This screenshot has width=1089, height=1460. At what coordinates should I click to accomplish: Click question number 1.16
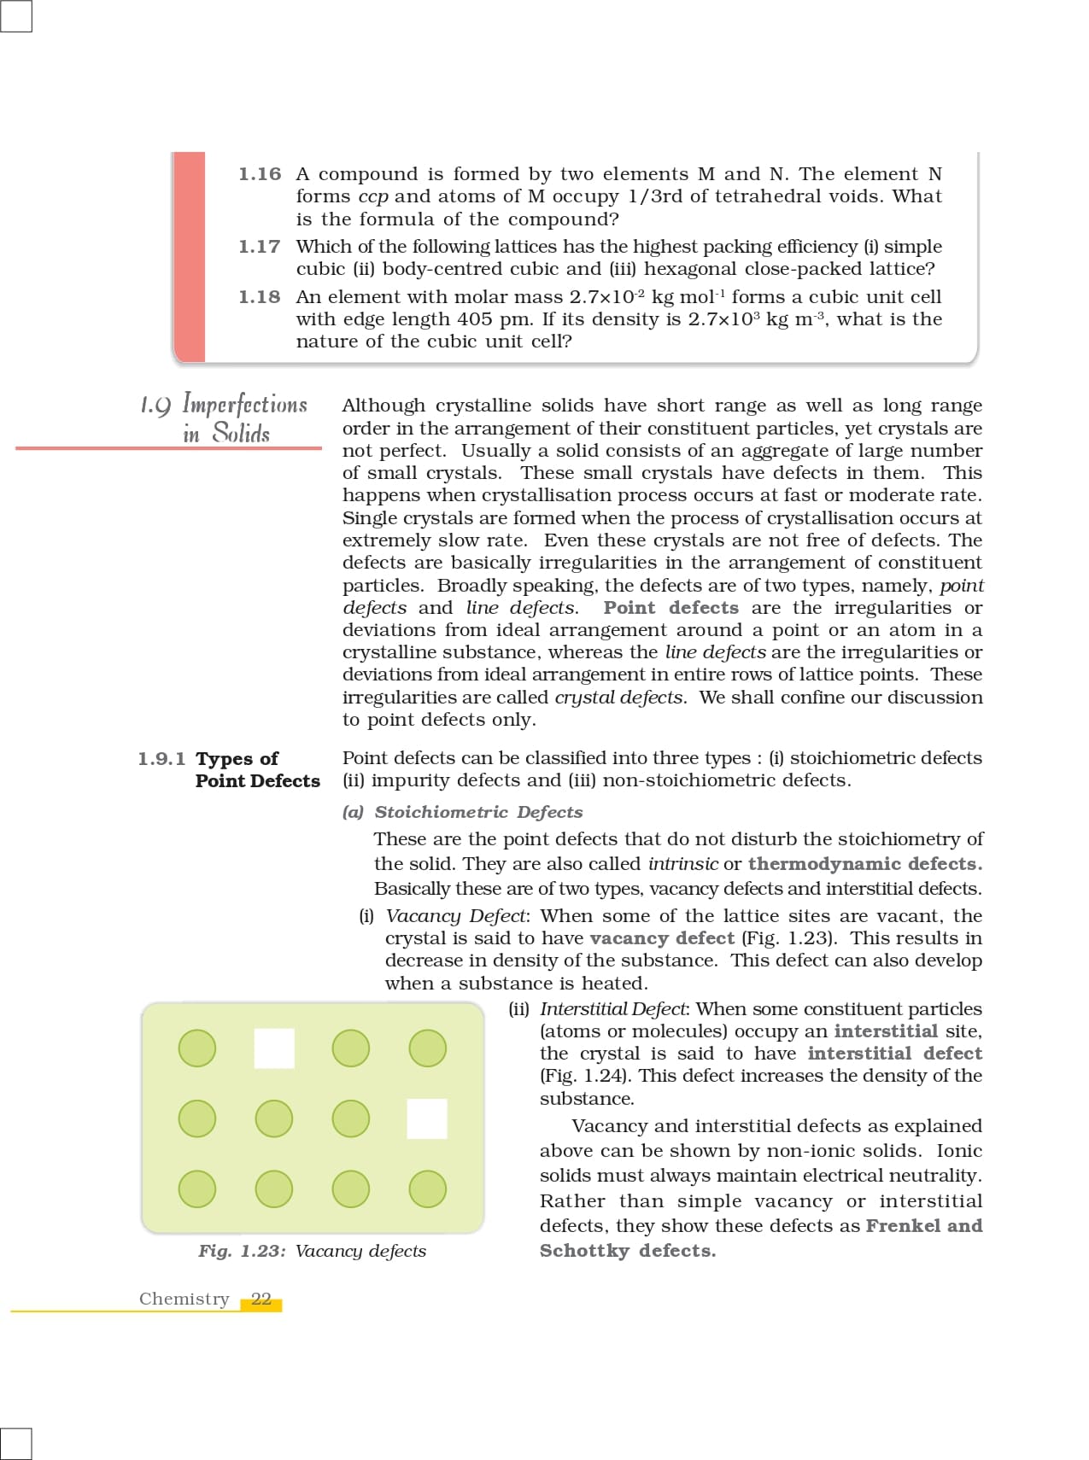(x=260, y=174)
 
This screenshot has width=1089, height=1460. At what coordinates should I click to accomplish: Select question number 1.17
(x=260, y=247)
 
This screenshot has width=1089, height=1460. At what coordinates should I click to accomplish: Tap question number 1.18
(x=260, y=297)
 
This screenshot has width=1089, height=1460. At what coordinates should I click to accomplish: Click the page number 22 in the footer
(x=261, y=1299)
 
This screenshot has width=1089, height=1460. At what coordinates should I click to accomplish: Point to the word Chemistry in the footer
(x=184, y=1299)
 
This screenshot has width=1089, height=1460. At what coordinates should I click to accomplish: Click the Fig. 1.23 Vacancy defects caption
(x=312, y=1251)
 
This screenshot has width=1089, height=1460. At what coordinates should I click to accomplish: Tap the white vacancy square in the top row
(x=274, y=1048)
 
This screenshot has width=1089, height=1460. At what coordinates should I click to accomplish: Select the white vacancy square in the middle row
(x=427, y=1118)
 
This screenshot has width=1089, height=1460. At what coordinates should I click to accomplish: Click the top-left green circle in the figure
(x=197, y=1048)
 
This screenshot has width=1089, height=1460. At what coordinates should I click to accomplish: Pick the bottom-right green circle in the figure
(x=428, y=1188)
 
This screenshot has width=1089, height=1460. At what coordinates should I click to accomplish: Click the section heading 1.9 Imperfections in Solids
(x=225, y=418)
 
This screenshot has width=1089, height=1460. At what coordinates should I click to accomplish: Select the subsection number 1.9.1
(x=161, y=759)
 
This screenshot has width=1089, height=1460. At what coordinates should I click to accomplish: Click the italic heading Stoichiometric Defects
(x=478, y=812)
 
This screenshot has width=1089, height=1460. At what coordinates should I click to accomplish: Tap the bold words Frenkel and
(x=924, y=1226)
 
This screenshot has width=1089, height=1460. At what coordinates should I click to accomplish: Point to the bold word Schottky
(x=584, y=1251)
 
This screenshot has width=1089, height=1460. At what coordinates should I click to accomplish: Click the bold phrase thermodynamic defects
(x=864, y=864)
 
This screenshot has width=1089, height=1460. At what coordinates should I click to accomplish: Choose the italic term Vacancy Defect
(x=457, y=916)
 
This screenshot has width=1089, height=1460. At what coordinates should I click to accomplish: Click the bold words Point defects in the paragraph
(x=670, y=608)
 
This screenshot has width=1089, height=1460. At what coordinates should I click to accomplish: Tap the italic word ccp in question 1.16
(x=372, y=196)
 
